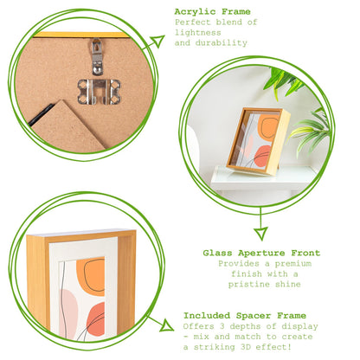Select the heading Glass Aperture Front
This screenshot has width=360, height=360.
click(x=261, y=253)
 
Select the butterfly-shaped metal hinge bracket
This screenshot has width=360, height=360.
click(x=98, y=90)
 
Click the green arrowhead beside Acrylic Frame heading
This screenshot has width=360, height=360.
click(x=156, y=41)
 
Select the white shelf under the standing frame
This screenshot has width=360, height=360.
click(x=260, y=177)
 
